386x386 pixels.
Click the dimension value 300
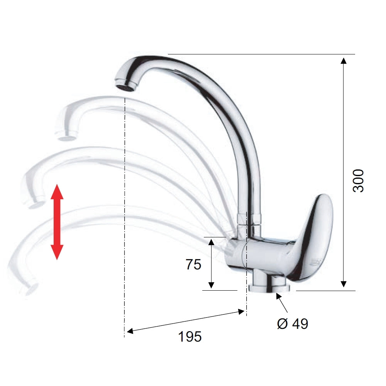358,181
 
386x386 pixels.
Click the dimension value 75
193,265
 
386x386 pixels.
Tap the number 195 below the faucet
190,337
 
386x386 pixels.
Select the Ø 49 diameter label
293,323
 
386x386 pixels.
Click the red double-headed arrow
57,222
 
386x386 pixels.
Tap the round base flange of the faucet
269,288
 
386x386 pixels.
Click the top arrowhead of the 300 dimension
344,61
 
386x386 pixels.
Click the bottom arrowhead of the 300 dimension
344,284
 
